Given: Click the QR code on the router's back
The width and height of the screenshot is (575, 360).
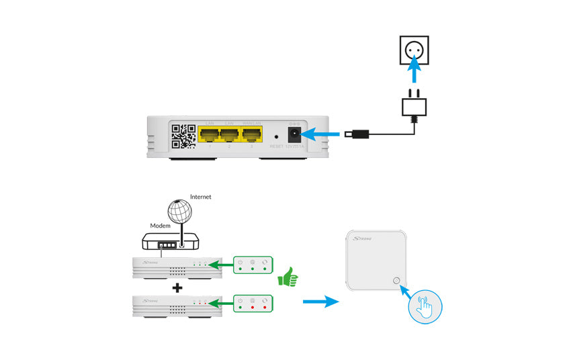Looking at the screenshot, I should [x=183, y=136].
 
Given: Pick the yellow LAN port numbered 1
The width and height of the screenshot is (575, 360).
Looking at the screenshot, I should [x=209, y=134].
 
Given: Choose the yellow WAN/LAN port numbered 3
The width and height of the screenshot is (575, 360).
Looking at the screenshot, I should [x=253, y=134].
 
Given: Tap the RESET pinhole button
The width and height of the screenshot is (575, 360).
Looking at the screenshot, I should [x=277, y=136].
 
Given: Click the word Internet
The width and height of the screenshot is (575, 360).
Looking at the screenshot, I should [x=200, y=197].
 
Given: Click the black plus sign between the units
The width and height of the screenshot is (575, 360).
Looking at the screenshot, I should [x=177, y=288].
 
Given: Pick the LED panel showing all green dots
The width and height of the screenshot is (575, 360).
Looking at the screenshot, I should [x=253, y=267].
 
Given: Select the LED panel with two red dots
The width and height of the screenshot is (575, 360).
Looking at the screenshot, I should [x=253, y=304].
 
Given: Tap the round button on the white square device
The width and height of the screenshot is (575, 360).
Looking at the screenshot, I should [x=396, y=282].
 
